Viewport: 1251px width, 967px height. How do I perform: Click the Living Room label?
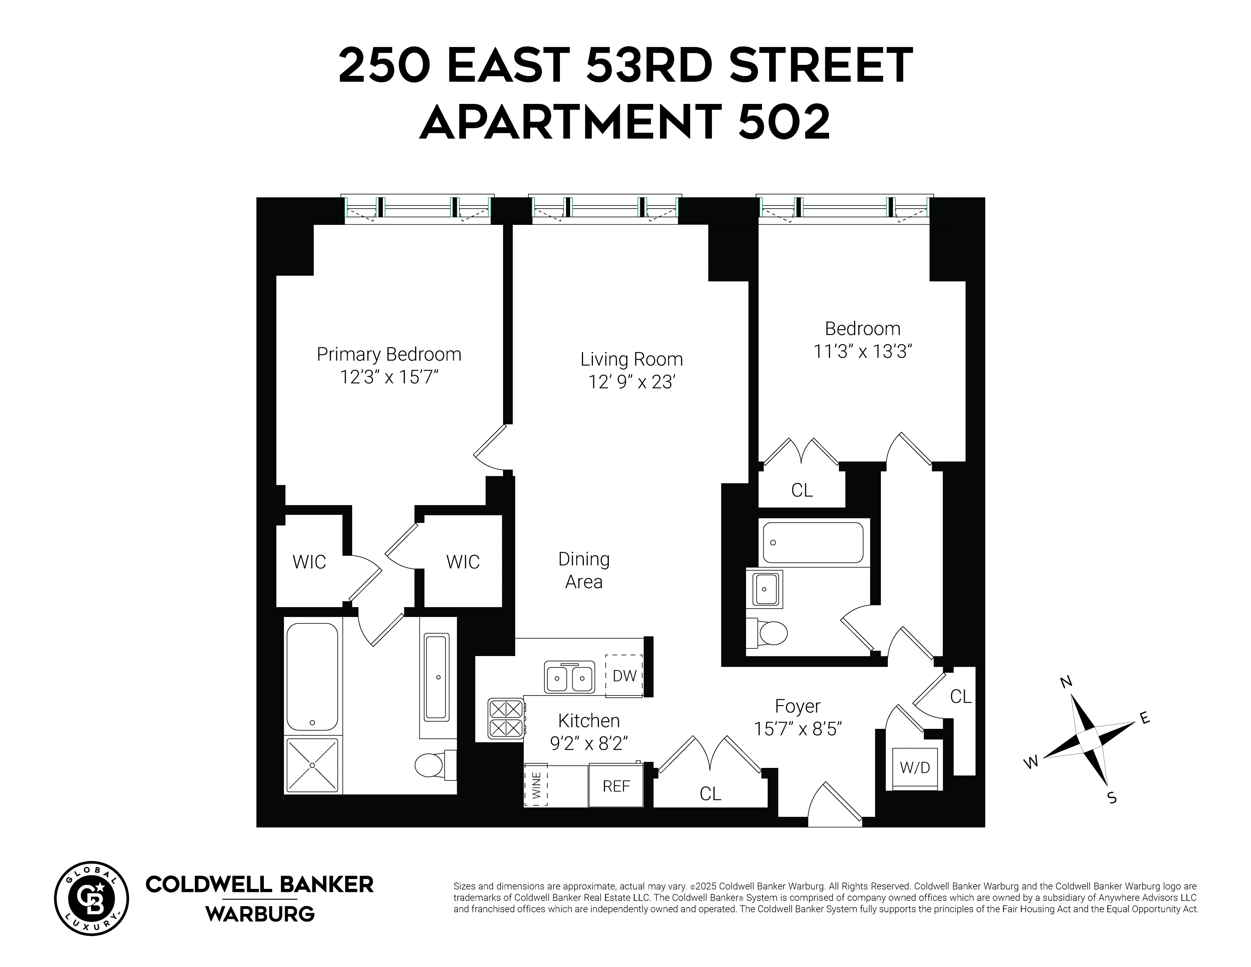[631, 359]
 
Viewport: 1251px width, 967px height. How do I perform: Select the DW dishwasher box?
[624, 676]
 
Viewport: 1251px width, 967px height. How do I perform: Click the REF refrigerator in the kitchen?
[616, 786]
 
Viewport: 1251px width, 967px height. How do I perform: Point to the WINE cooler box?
[536, 786]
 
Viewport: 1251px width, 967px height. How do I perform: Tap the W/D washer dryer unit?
[915, 768]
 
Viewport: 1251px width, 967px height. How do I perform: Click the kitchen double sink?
[569, 678]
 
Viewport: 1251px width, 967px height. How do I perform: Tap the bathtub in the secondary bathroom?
[813, 543]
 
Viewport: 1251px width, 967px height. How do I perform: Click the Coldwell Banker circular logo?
[92, 898]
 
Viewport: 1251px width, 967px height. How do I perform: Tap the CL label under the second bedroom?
[801, 490]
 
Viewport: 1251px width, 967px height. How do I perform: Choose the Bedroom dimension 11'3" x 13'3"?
[862, 351]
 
